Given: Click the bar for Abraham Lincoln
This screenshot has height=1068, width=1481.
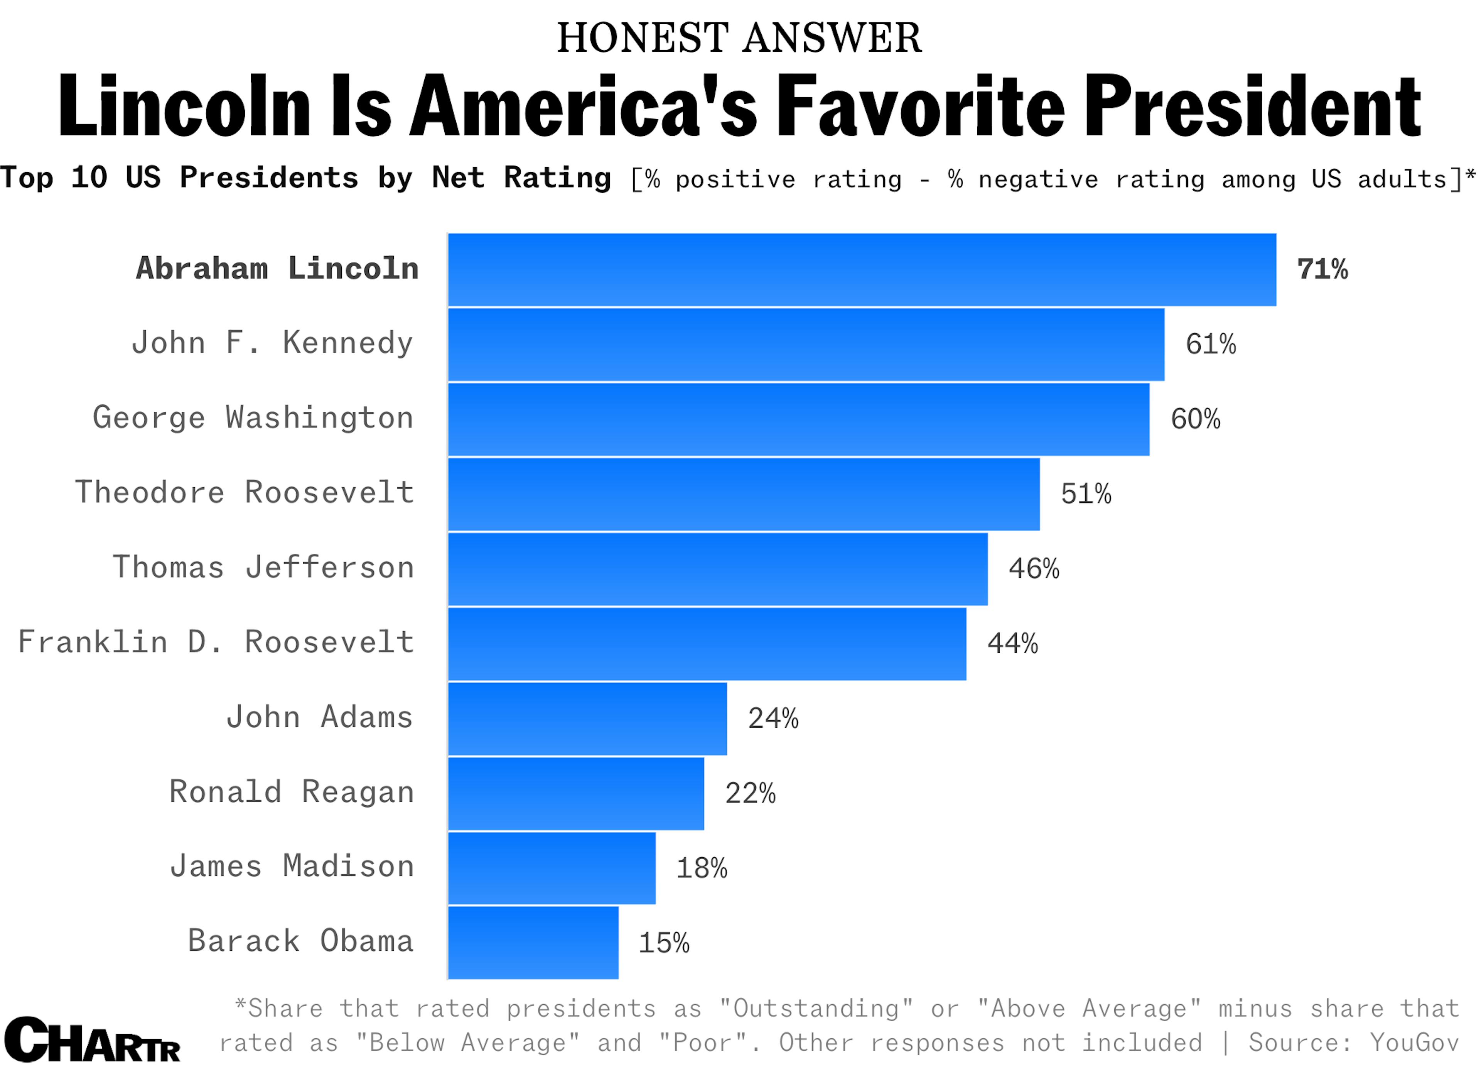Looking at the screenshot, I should [x=862, y=270].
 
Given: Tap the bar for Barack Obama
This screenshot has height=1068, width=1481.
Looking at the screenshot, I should [x=533, y=943].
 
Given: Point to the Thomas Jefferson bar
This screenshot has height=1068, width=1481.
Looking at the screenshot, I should [x=718, y=569].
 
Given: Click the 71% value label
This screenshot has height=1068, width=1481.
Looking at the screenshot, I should [x=1322, y=270].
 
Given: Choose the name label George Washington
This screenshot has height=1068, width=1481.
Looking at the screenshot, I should [x=253, y=418].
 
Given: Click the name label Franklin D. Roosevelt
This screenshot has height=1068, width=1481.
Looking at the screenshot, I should [x=216, y=642].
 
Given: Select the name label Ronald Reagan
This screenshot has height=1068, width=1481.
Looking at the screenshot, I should [x=291, y=793].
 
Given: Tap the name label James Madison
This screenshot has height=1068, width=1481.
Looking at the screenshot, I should [x=292, y=867].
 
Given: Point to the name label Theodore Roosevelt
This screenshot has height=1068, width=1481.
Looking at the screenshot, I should [x=245, y=492].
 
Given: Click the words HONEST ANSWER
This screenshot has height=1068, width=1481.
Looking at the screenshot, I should [x=739, y=38].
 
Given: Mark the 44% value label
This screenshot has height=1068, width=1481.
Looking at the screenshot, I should [x=1012, y=644].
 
